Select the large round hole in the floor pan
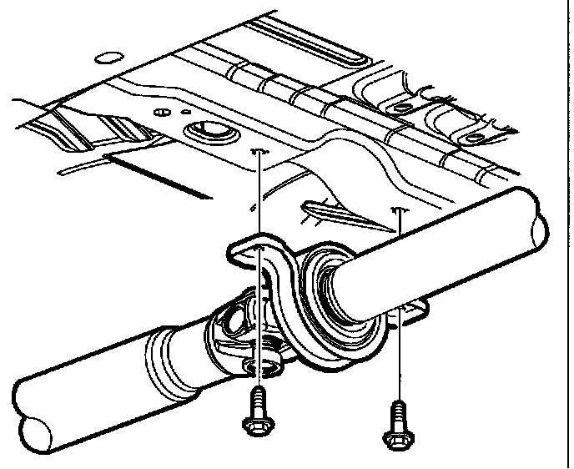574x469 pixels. tap(205, 131)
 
